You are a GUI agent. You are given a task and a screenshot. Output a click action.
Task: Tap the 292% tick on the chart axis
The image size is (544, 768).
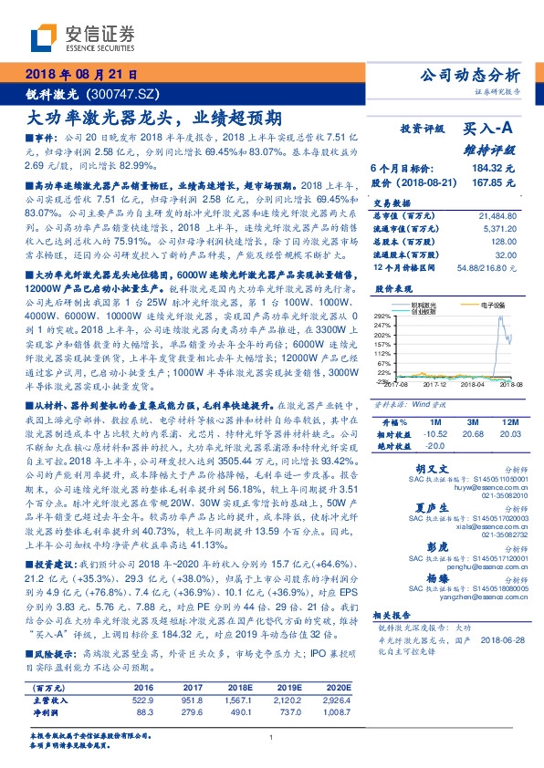[382, 313]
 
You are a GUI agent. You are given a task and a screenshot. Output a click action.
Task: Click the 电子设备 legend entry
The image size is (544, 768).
[488, 305]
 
